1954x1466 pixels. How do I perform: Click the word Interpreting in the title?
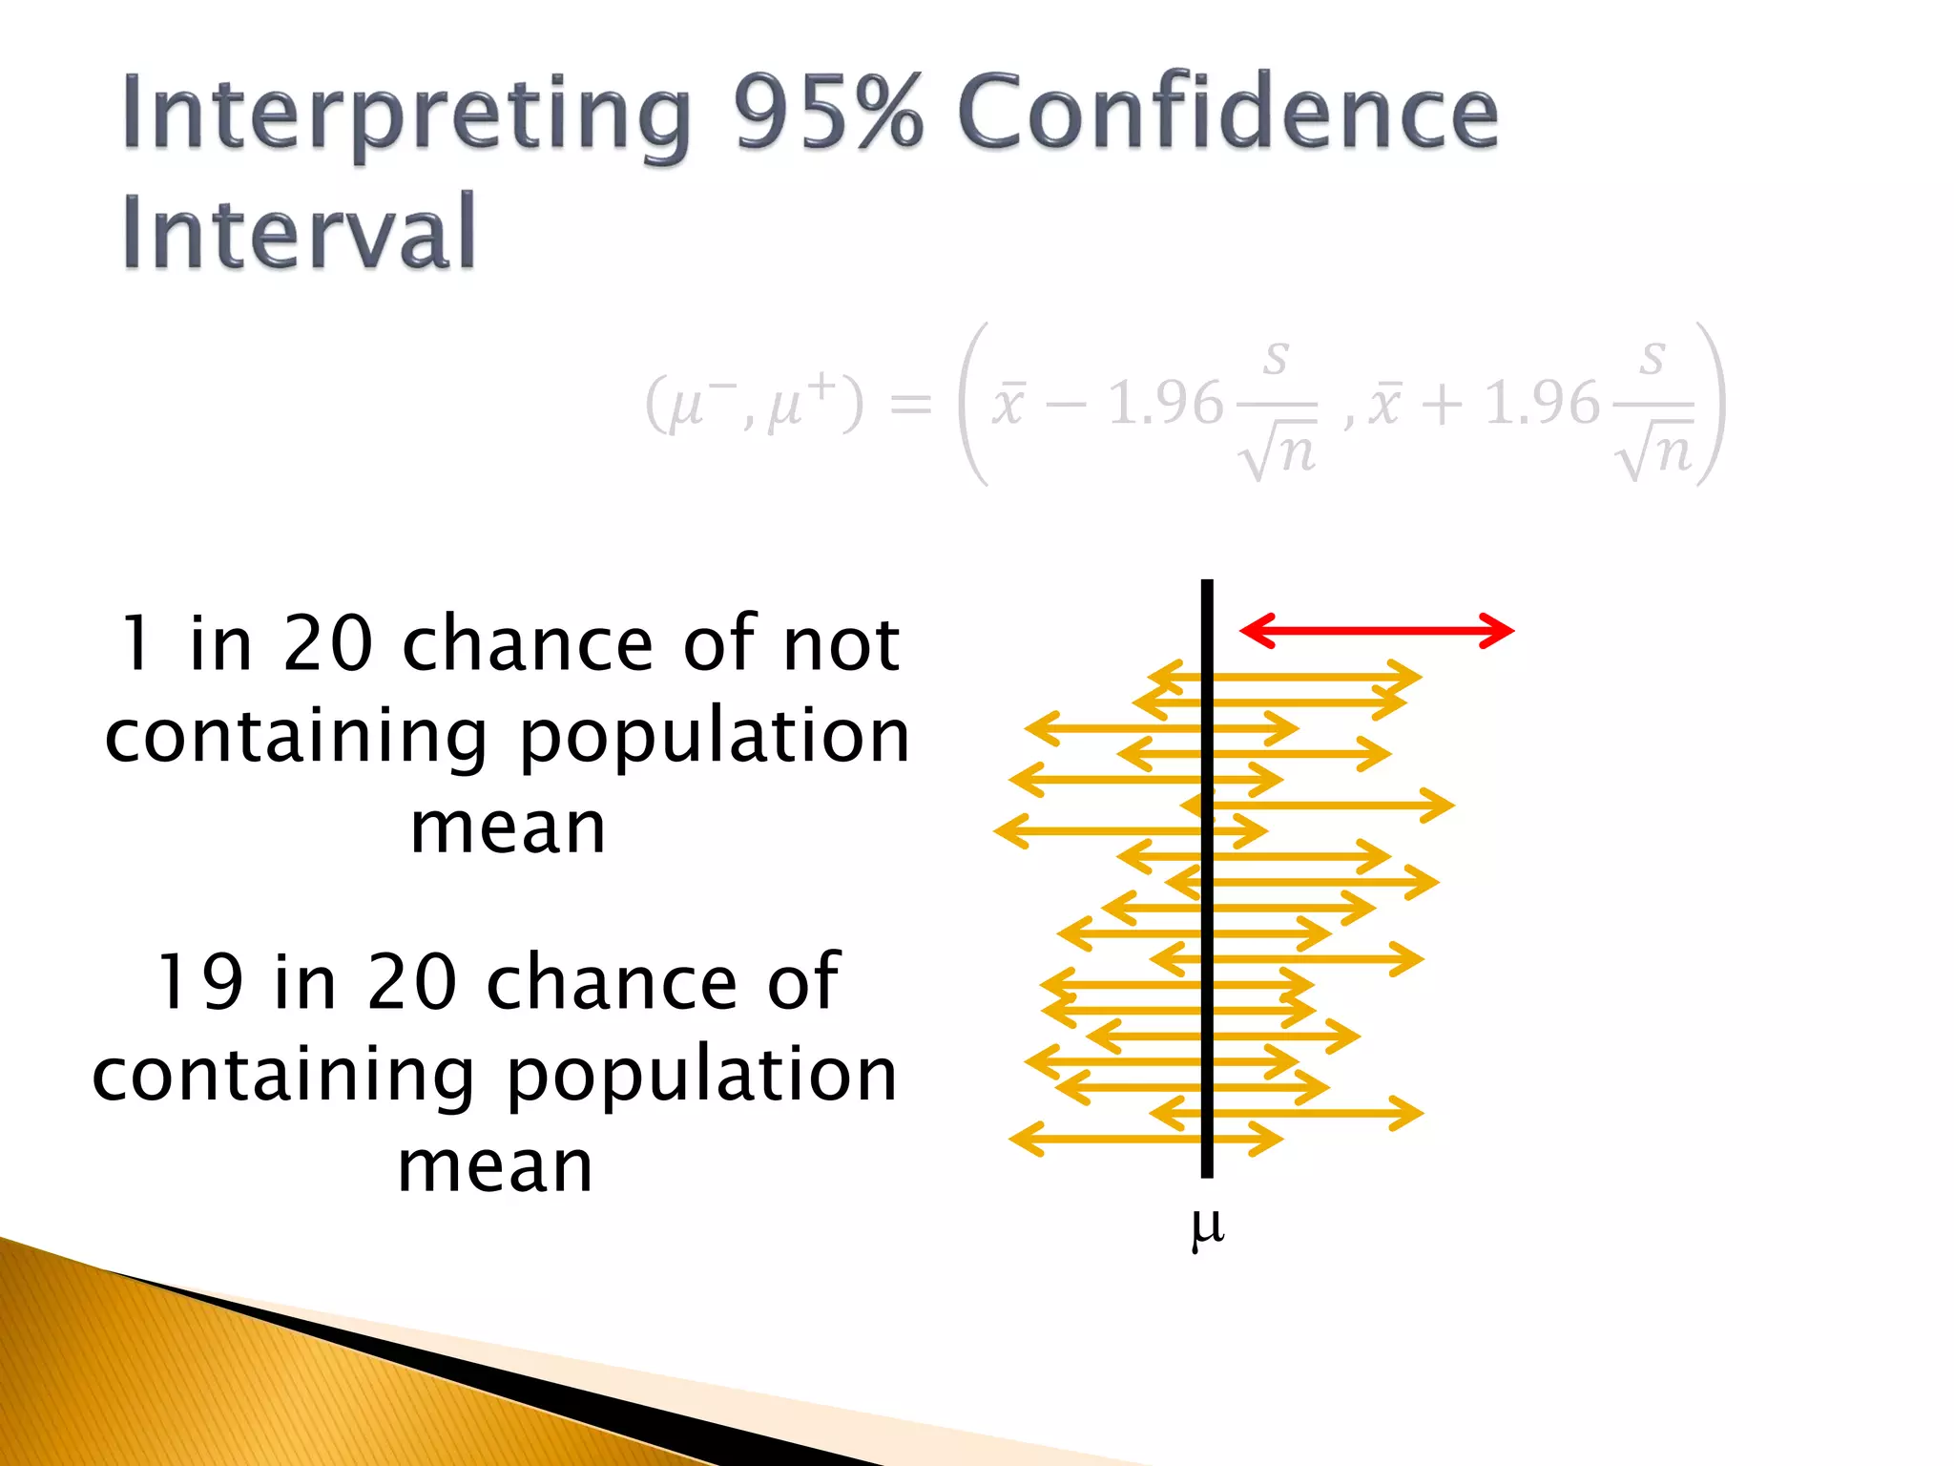tap(405, 116)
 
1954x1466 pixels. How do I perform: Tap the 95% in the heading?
tap(828, 113)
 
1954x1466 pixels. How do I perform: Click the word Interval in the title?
tap(298, 232)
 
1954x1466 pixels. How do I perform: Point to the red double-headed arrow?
tap(1376, 631)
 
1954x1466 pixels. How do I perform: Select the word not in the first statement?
tap(841, 644)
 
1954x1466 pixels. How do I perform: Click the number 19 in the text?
tap(200, 983)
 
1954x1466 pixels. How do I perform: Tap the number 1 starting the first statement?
tap(136, 644)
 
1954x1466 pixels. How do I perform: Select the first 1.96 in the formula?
tap(1165, 403)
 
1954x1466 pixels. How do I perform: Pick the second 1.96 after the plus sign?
tap(1542, 403)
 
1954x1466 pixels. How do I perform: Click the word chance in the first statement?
tap(528, 644)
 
